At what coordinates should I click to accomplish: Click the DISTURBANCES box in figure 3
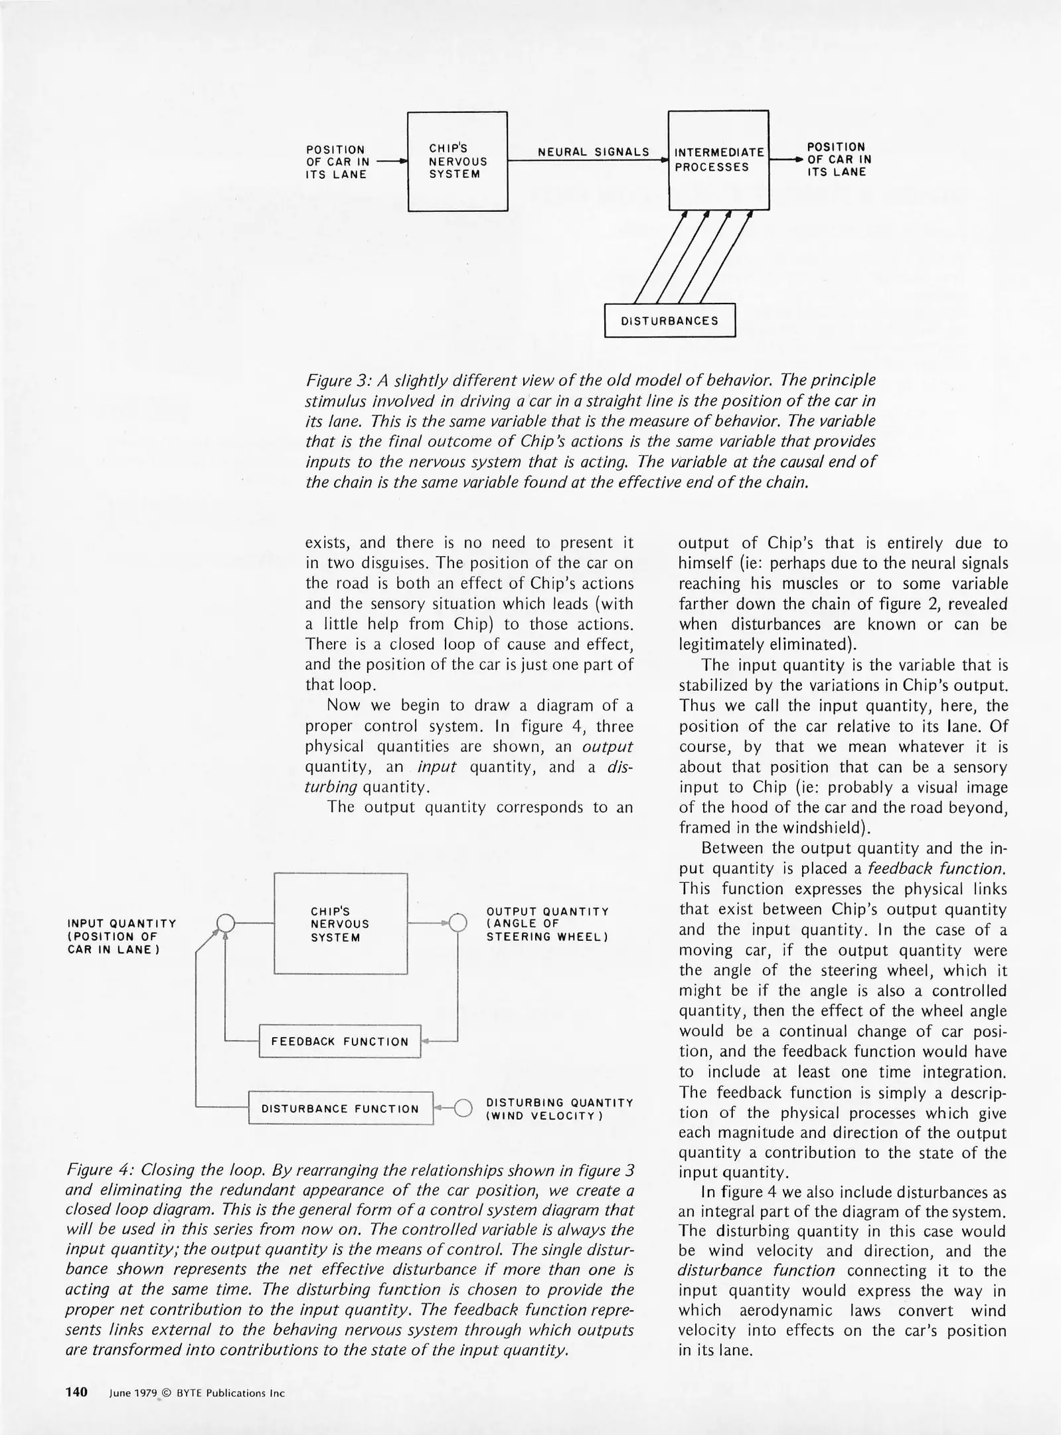tap(669, 320)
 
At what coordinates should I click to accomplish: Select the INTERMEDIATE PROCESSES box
tap(718, 160)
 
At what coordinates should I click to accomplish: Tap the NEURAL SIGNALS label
tap(593, 152)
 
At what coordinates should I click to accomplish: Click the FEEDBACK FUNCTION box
tap(339, 1041)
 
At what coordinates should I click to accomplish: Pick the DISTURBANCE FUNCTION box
tap(340, 1108)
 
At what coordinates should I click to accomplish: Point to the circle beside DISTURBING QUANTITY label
tap(463, 1107)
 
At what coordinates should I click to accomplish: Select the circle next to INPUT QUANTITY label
tap(226, 923)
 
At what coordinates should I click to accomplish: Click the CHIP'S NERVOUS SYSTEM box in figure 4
tap(340, 923)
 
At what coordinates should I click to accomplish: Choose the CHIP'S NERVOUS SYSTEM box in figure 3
tap(457, 161)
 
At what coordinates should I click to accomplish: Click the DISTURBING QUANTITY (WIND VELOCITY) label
tap(559, 1109)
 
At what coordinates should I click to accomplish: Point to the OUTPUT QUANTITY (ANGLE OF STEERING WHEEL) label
tap(548, 924)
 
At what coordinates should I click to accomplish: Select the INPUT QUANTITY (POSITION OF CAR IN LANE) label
tap(122, 935)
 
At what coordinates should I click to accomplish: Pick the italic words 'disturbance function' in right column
tap(756, 1271)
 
